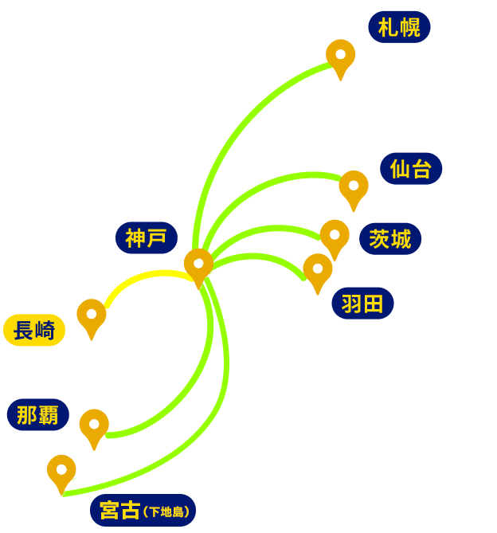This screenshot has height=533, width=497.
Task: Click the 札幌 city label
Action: pos(399,28)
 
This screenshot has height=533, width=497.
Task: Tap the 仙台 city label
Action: pos(411,169)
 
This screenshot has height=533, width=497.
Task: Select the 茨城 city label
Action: pos(390,239)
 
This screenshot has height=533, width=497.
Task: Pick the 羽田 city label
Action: pos(362,304)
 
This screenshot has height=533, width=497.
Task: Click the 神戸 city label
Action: pos(146,237)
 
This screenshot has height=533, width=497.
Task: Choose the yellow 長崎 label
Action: pos(34,330)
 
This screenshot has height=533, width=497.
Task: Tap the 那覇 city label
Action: pos(38,415)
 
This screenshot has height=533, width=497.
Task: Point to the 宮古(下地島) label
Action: pos(142,510)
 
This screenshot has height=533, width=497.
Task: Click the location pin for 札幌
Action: pos(340,57)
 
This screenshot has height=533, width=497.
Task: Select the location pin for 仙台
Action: pos(354,187)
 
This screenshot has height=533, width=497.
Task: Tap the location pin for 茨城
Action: pos(335,237)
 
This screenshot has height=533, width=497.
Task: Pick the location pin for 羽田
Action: pos(318,270)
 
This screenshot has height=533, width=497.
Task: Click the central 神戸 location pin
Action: pos(198,265)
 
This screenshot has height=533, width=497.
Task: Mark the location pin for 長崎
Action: pos(92,315)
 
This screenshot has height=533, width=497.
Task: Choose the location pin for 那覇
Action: pos(94,425)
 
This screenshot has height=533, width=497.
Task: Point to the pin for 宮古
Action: pos(61,471)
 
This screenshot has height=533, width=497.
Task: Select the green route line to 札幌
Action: pos(231,127)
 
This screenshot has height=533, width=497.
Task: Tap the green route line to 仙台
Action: pos(263,187)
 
